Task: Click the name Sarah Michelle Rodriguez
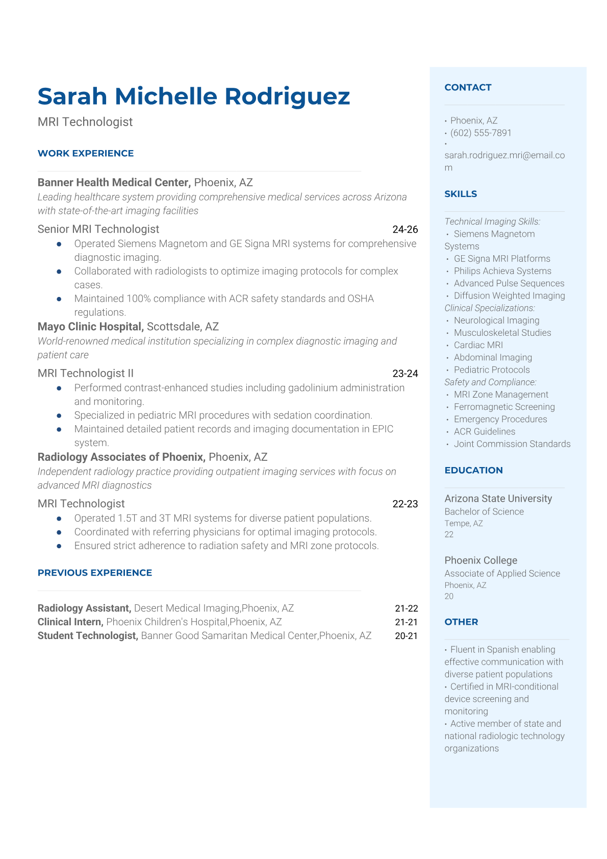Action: point(194,96)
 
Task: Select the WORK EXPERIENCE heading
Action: point(86,154)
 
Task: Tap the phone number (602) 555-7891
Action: point(480,133)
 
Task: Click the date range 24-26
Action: point(405,230)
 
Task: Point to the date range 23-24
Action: point(405,374)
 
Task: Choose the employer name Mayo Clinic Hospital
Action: point(90,327)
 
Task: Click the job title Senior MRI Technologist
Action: point(98,229)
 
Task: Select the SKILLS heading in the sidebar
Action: point(461,194)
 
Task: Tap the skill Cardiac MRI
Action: point(478,345)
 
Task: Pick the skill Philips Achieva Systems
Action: point(502,271)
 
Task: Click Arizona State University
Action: point(498,499)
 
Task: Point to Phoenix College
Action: point(480,560)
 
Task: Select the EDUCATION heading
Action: point(473,471)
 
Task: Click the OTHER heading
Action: point(461,622)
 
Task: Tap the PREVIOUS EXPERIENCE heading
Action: point(95,573)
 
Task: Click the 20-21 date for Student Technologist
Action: point(406,636)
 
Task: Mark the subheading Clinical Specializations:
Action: point(490,308)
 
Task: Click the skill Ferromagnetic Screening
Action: point(504,407)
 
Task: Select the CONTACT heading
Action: point(468,88)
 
